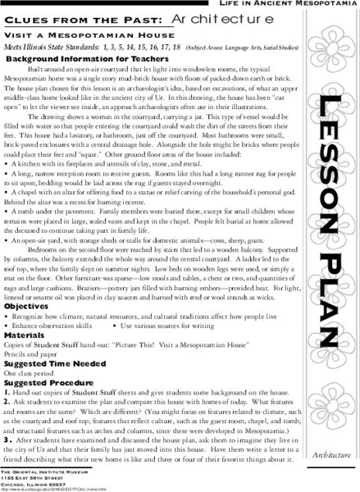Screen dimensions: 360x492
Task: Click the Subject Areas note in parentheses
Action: tap(226, 48)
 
